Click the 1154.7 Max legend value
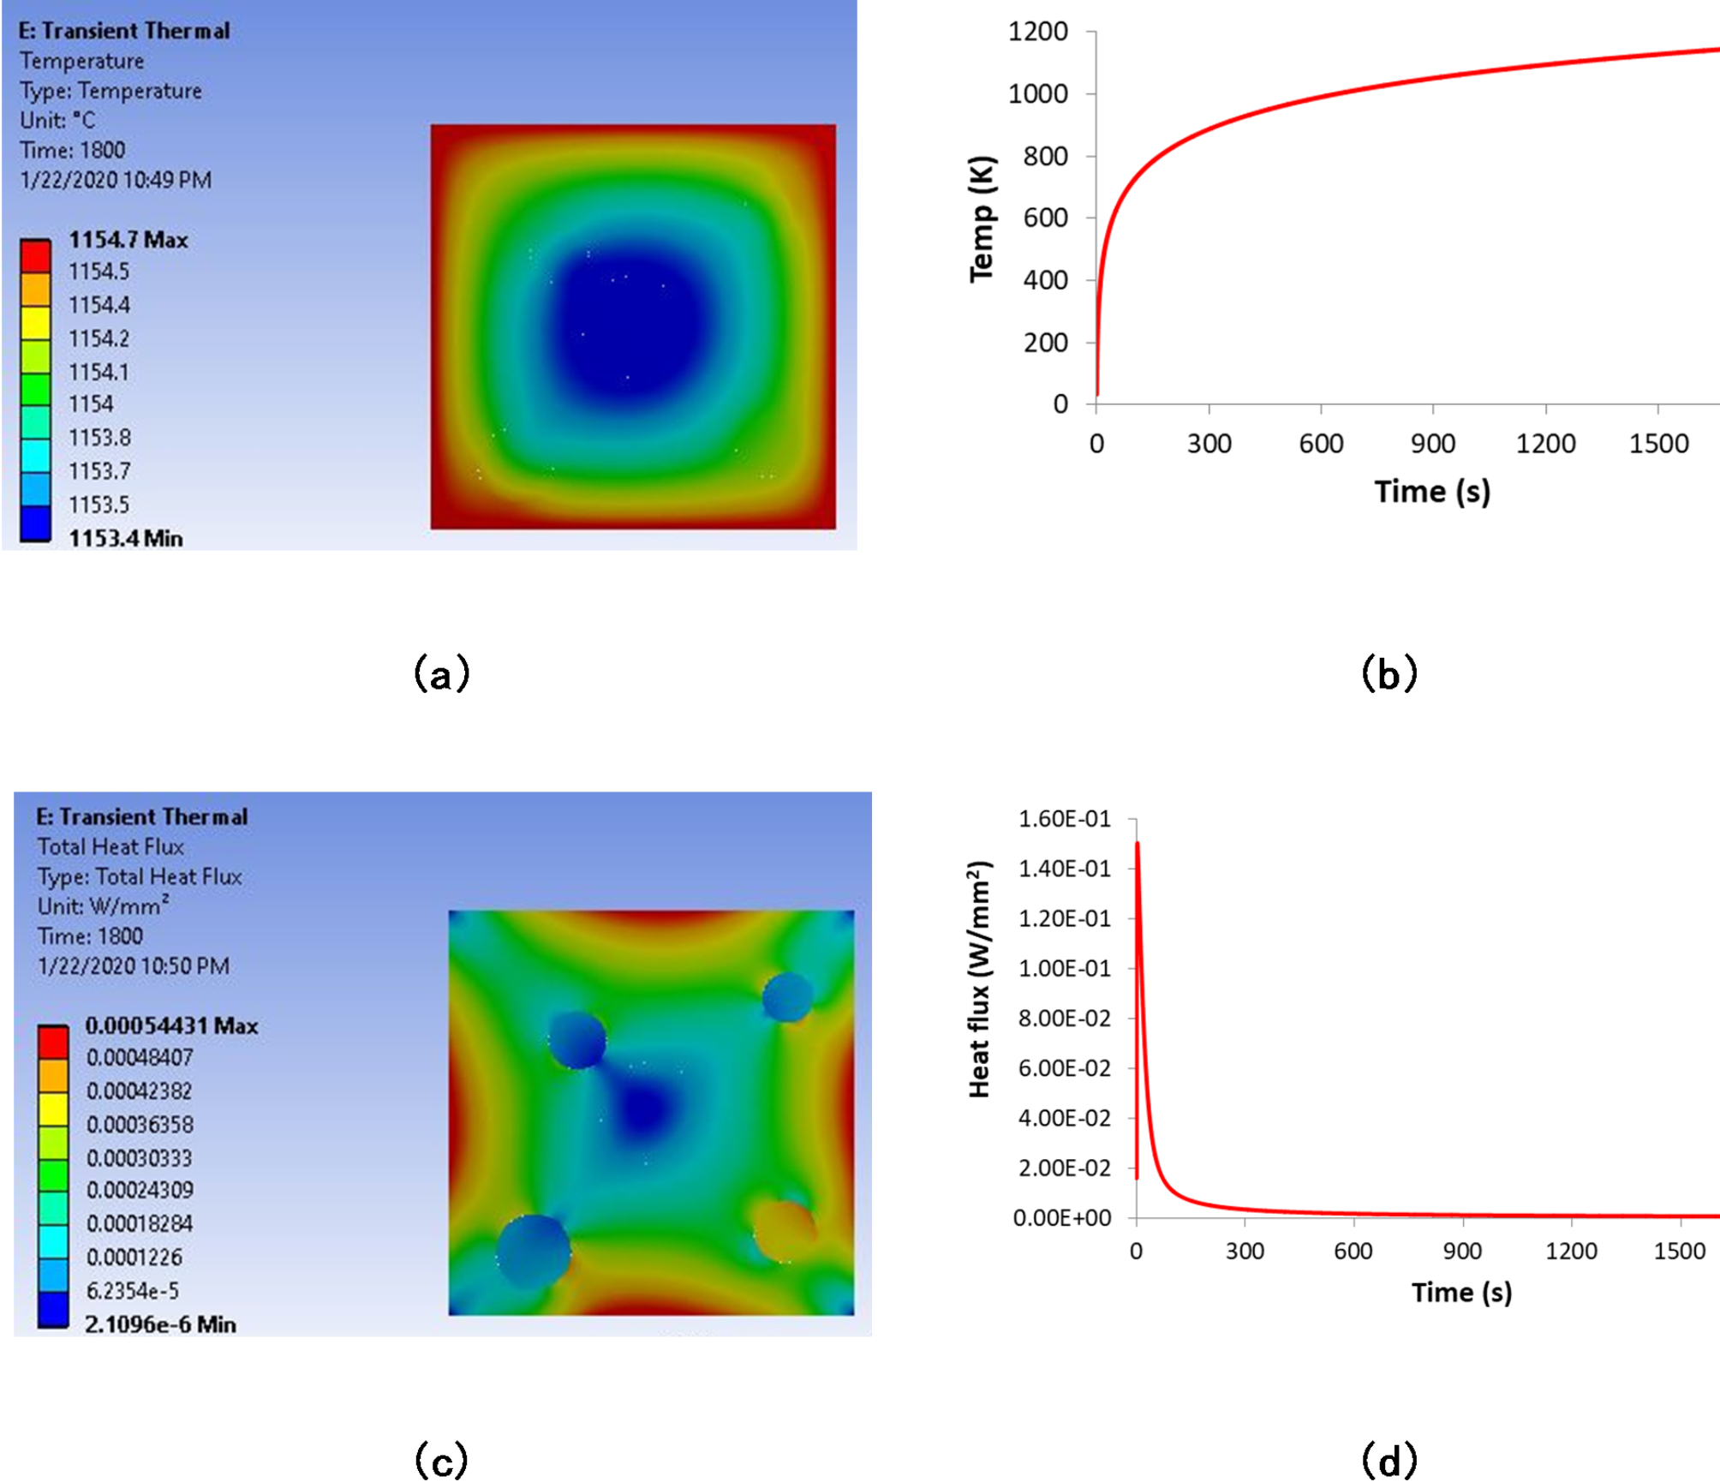click(128, 240)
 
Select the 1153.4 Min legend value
click(125, 538)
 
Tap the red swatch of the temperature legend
click(35, 255)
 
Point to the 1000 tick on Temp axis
click(1038, 93)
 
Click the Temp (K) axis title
click(982, 218)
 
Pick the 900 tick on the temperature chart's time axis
click(1432, 444)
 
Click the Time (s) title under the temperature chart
click(1432, 492)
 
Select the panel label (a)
click(441, 674)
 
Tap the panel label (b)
click(1389, 674)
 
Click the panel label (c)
click(441, 1459)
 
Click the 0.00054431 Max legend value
click(171, 1025)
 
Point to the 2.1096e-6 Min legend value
click(160, 1324)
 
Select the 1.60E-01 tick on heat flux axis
click(1064, 819)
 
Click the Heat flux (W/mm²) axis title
click(978, 979)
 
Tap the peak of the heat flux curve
click(1137, 844)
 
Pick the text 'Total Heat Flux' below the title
click(110, 847)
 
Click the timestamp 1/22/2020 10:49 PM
click(116, 180)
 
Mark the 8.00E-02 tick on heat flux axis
click(1064, 1019)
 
